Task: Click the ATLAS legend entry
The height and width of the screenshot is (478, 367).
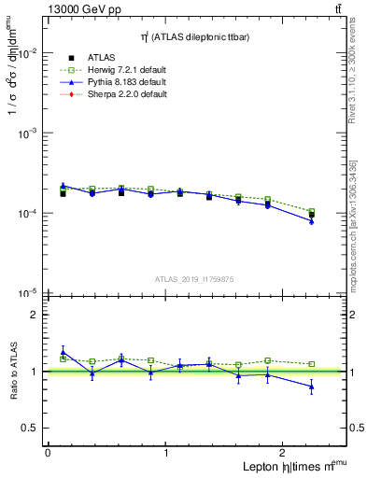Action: tap(101, 58)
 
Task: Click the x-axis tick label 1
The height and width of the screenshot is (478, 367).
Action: tap(166, 452)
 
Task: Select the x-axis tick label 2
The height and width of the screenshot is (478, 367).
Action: tap(285, 452)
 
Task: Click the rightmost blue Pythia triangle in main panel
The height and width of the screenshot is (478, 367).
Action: tap(312, 221)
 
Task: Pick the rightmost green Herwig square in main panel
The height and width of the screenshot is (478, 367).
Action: tap(312, 212)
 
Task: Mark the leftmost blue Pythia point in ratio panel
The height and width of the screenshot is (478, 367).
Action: tap(63, 352)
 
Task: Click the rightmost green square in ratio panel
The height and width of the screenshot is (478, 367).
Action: tap(312, 364)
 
